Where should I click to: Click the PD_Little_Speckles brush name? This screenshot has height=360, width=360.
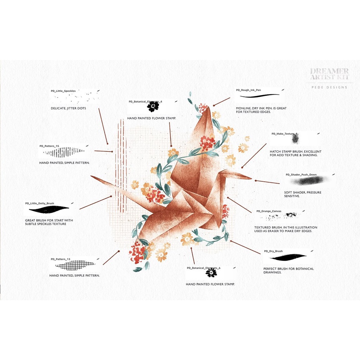63,91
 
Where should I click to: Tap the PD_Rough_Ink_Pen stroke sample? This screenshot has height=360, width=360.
259,95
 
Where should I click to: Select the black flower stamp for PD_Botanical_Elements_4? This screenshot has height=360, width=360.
153,107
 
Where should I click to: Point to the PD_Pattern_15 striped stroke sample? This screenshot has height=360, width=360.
64,152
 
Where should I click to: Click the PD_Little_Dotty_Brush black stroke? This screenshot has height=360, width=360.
49,210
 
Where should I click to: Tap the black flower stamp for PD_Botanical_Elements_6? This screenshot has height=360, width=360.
211,273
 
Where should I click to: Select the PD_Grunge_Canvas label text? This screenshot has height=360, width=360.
269,211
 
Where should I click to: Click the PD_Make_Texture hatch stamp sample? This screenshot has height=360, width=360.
295,139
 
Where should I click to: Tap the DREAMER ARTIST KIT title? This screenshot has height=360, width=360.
329,74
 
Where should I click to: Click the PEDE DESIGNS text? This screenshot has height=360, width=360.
329,88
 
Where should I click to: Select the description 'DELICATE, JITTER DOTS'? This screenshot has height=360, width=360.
68,108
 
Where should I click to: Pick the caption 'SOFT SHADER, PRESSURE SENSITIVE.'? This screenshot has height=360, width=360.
302,194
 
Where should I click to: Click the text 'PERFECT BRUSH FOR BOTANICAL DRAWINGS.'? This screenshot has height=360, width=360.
288,270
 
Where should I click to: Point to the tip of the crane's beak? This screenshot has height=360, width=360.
252,178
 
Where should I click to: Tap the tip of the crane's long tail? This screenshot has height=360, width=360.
91,176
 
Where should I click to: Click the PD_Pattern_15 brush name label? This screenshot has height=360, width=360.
49,146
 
